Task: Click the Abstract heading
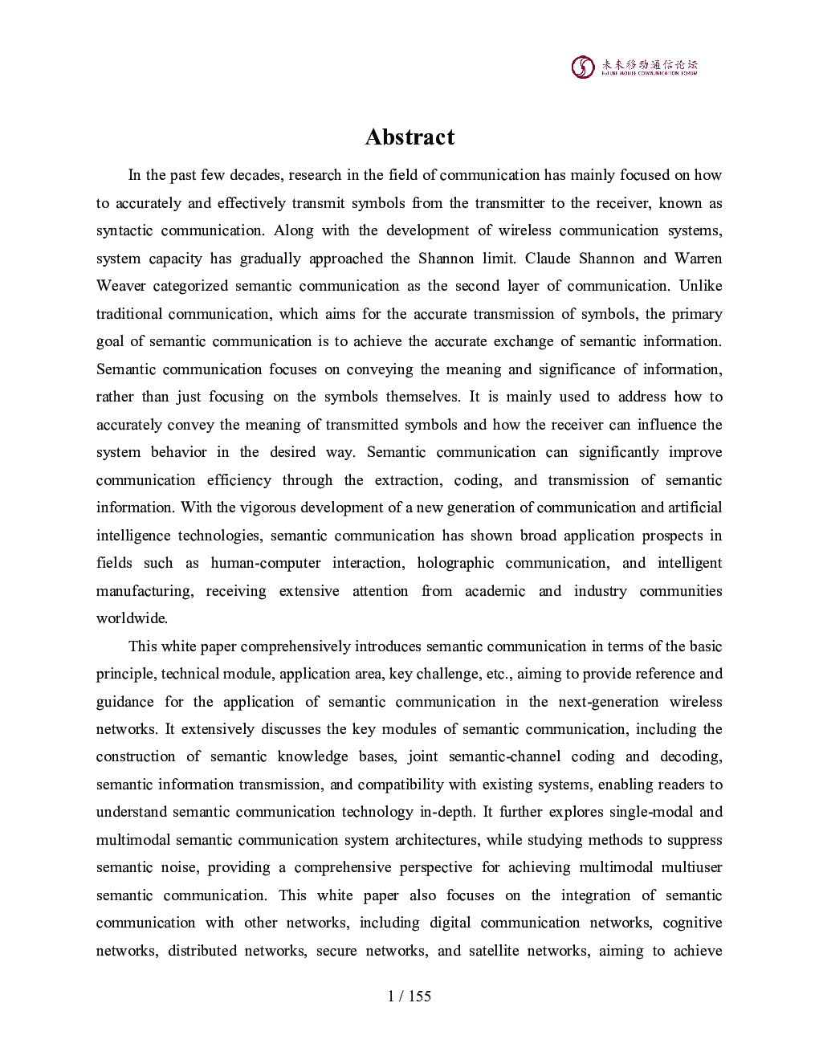[409, 137]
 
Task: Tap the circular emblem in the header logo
[583, 67]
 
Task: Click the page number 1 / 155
[409, 996]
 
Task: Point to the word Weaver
[120, 286]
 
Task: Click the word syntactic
[124, 230]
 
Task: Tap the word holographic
[455, 563]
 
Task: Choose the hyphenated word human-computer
[266, 563]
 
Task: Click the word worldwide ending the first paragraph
[131, 618]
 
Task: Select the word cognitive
[692, 923]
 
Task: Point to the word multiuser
[691, 867]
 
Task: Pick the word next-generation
[608, 702]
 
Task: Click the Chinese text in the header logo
[650, 63]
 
